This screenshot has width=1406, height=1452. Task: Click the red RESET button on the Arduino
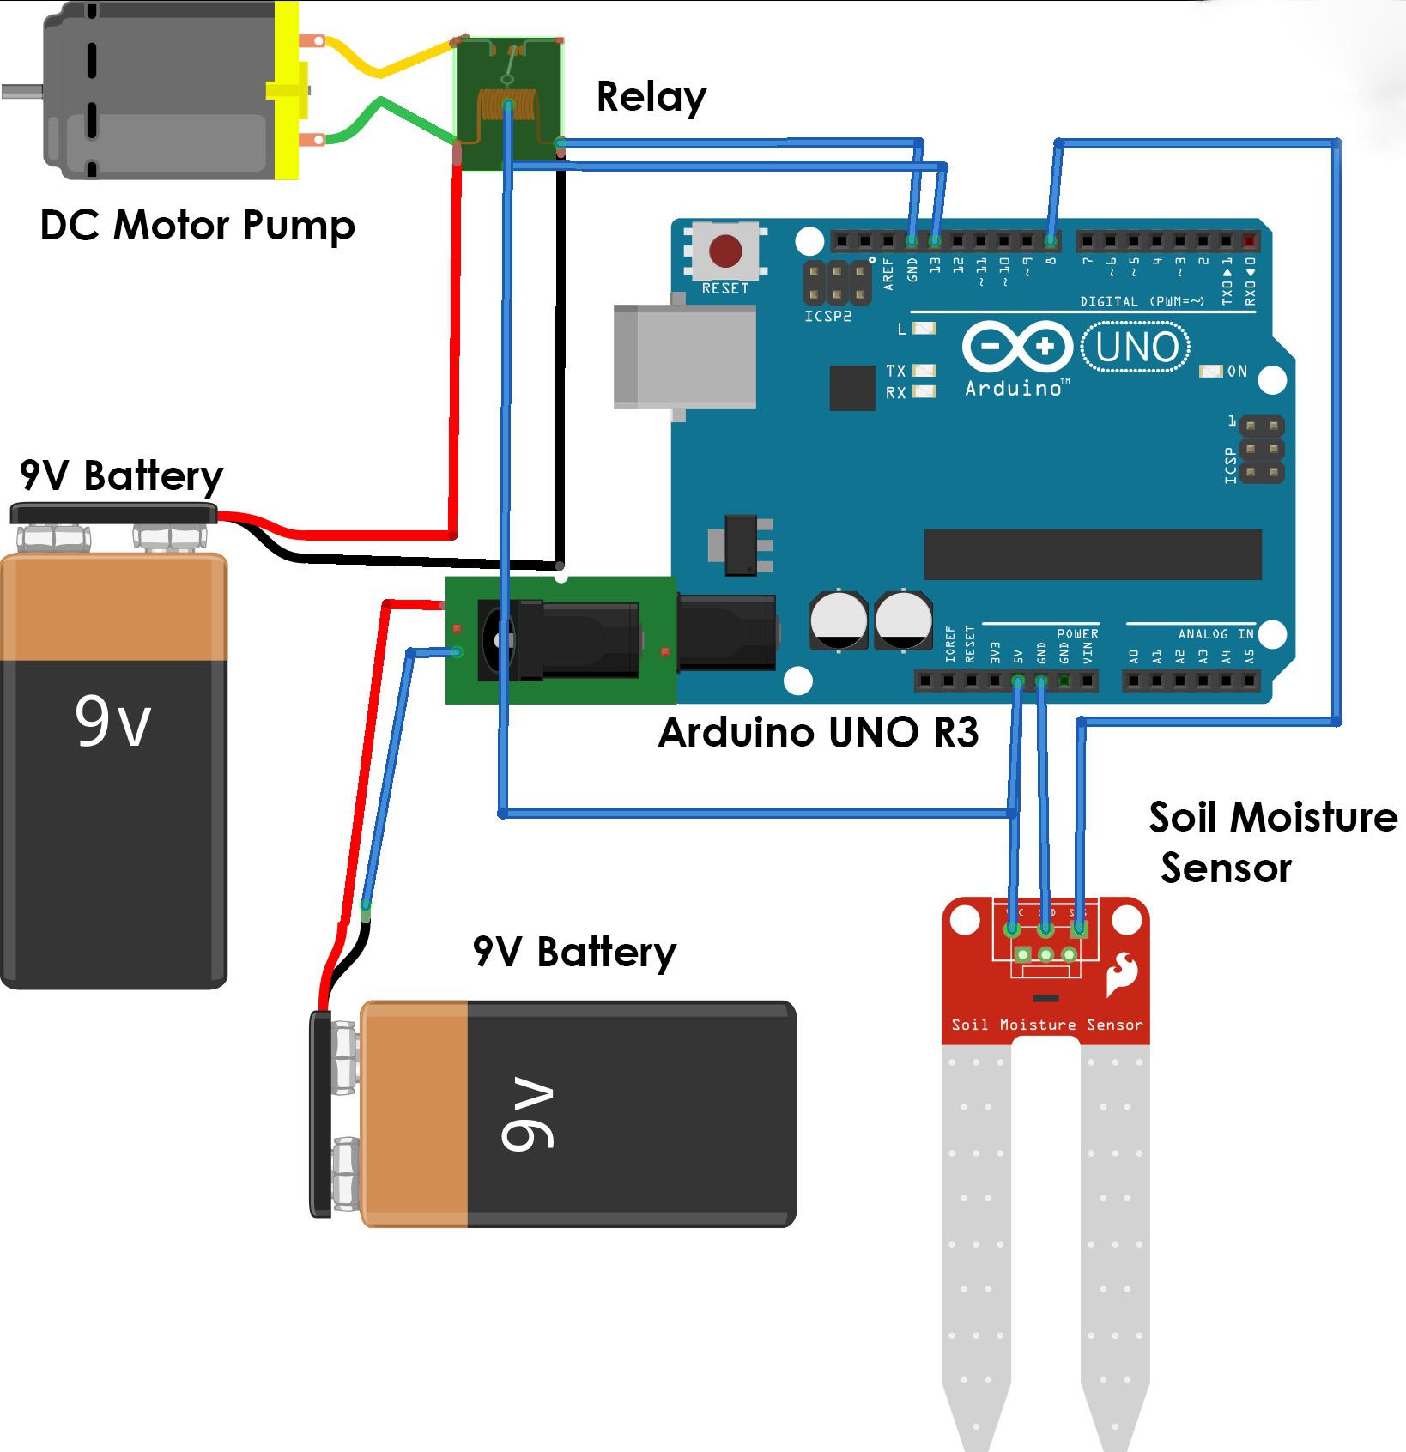click(725, 251)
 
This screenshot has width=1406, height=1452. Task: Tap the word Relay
click(651, 97)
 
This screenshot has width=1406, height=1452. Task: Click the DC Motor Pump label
click(197, 226)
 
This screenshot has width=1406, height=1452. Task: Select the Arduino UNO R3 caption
click(818, 732)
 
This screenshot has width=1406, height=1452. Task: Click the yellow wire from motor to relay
click(378, 65)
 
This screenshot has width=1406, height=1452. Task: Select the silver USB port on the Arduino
click(685, 356)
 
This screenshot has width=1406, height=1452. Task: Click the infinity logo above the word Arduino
click(1017, 347)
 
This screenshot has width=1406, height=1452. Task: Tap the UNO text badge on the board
click(1136, 348)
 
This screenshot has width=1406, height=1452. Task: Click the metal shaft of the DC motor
click(21, 90)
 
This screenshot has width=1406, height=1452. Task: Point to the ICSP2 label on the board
click(827, 316)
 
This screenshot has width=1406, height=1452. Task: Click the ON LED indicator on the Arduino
click(1210, 371)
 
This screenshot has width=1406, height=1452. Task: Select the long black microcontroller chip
click(1092, 554)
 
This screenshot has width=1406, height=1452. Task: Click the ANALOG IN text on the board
click(1215, 633)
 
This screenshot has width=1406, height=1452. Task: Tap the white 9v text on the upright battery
click(112, 722)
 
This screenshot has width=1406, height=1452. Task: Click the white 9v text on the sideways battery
click(527, 1114)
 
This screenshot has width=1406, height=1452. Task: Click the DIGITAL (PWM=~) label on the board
click(1142, 301)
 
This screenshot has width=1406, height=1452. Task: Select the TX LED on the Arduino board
click(924, 371)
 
